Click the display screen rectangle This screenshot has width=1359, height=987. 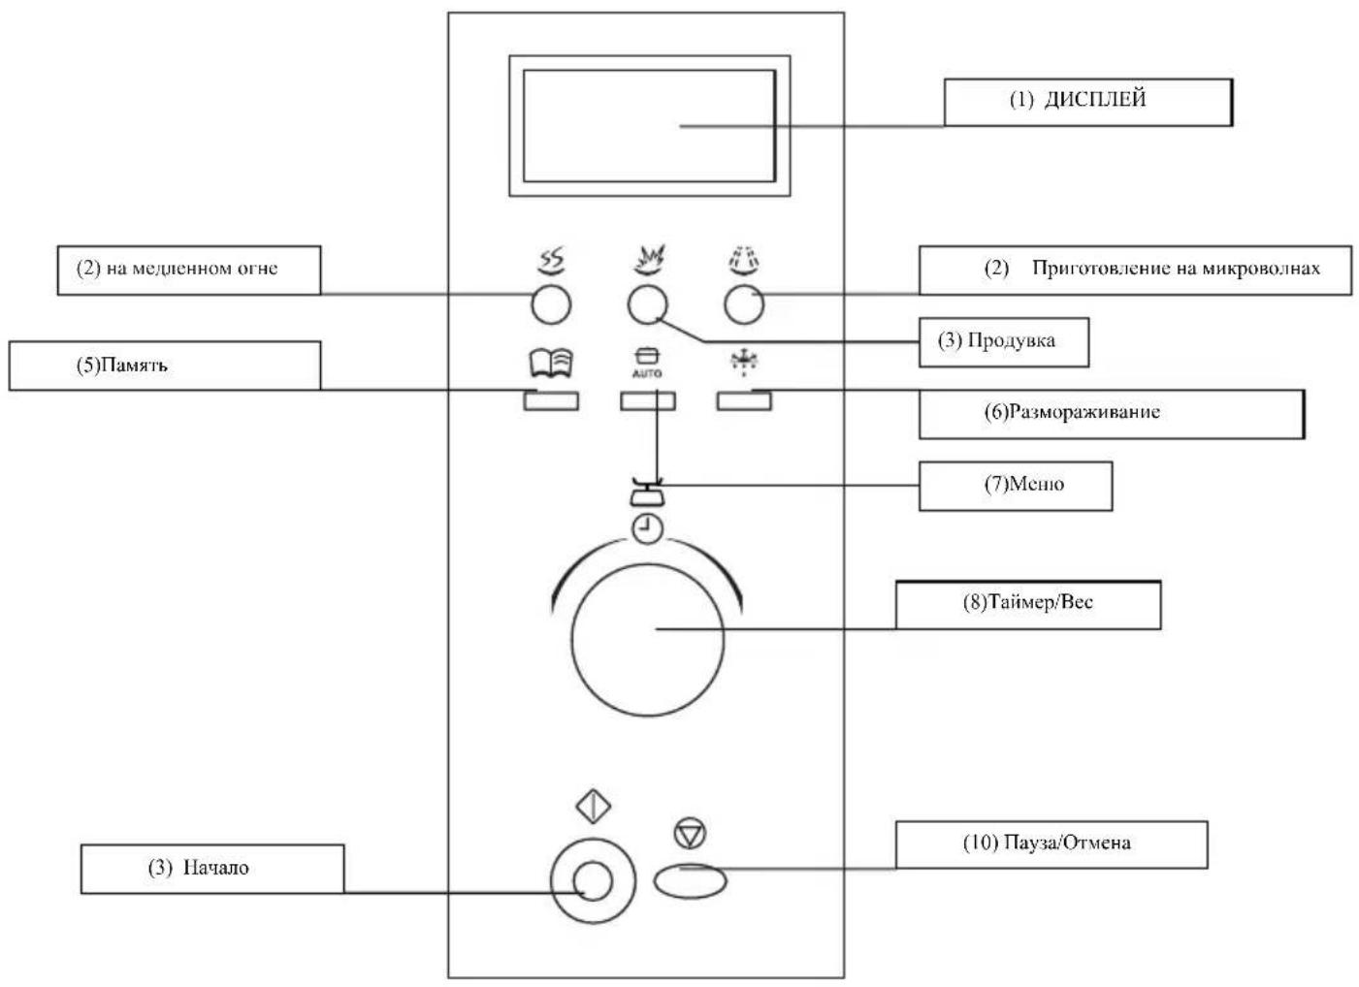[649, 125]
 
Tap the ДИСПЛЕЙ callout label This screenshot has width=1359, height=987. [1087, 101]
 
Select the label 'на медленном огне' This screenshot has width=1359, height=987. [188, 270]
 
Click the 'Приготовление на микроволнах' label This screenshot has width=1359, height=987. [1134, 270]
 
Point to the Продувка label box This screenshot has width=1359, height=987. [1003, 341]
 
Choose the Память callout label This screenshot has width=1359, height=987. [164, 366]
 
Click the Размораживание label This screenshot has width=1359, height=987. [1111, 413]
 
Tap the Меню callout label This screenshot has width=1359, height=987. [1015, 485]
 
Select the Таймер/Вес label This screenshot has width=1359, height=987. [1027, 604]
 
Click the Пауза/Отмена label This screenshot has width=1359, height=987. [1051, 844]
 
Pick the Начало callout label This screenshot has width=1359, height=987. [211, 868]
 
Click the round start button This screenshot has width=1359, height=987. [593, 881]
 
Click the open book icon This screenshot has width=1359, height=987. [550, 364]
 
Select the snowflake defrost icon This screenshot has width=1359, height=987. [744, 364]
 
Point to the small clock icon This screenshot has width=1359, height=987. [647, 528]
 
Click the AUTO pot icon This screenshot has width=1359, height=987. [647, 365]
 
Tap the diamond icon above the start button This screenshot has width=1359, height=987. [593, 808]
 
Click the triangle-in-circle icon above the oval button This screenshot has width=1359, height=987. [690, 832]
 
